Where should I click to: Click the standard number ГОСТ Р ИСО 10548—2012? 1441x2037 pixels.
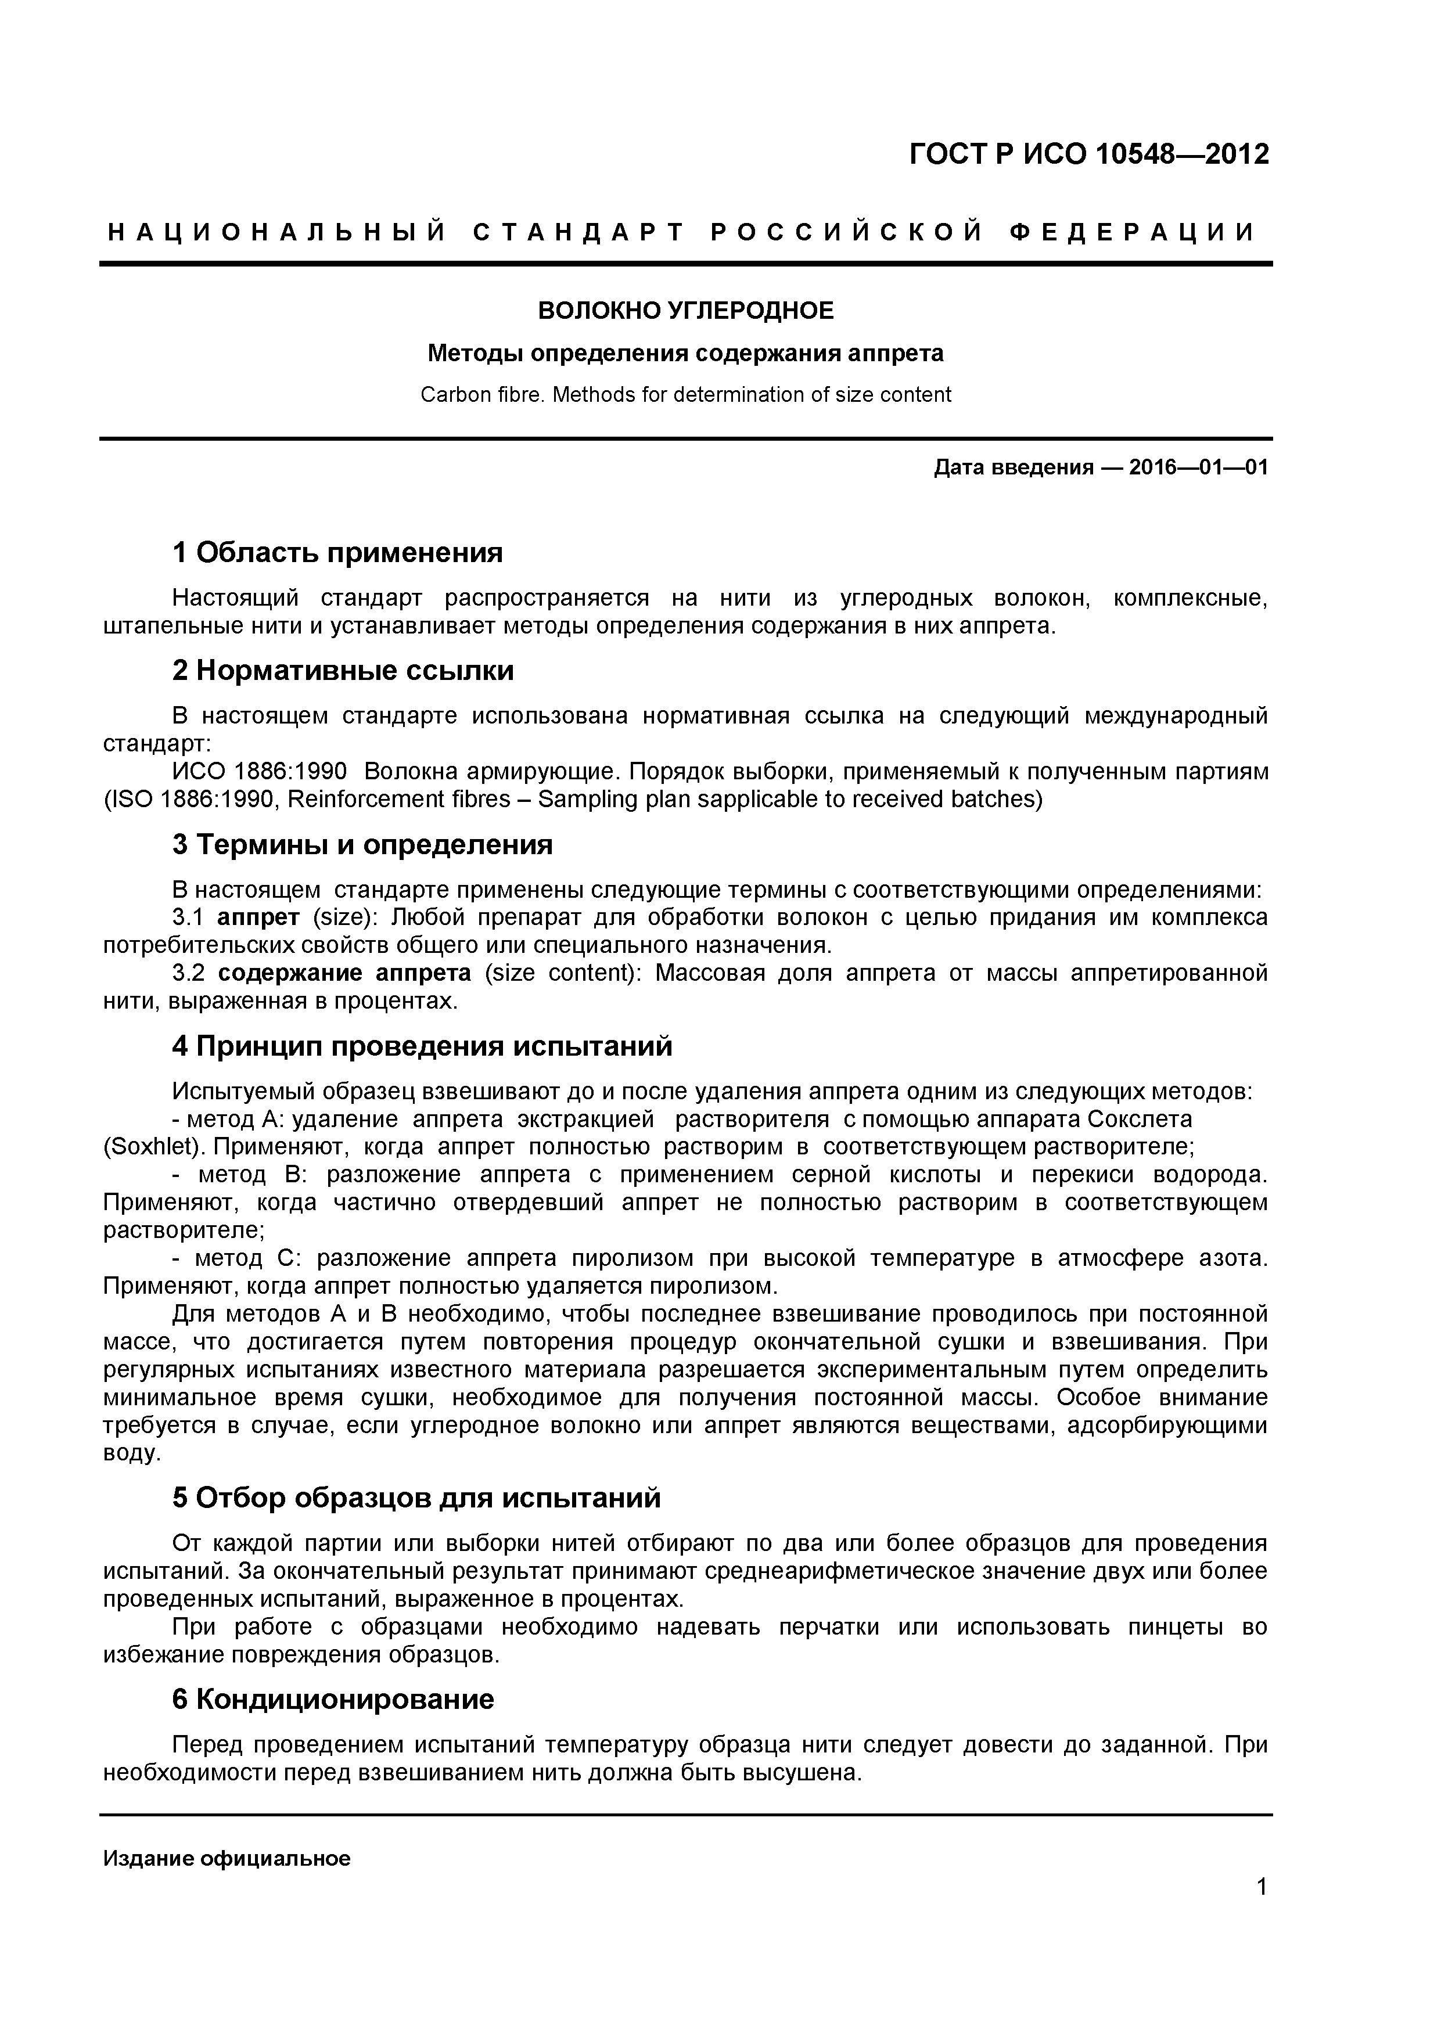click(1088, 154)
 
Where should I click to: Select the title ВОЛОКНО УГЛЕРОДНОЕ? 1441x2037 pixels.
click(686, 311)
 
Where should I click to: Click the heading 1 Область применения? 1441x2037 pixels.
click(337, 553)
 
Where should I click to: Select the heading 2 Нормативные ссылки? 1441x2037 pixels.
click(343, 671)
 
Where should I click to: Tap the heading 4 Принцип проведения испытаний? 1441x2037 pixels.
click(422, 1047)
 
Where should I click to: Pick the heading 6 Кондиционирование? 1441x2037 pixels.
click(333, 1700)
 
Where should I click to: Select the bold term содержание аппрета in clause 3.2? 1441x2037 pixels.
click(344, 973)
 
